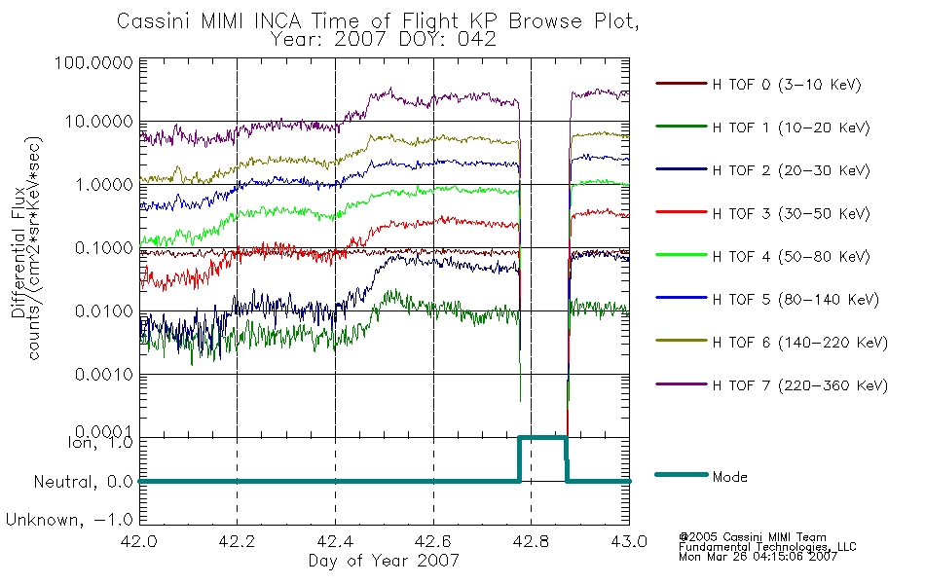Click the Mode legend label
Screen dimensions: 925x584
729,477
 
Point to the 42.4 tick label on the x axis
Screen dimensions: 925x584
336,541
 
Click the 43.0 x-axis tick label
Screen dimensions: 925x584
629,541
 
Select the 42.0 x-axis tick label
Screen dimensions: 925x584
139,541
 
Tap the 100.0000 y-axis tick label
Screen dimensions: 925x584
93,62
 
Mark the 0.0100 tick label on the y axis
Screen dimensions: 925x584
104,310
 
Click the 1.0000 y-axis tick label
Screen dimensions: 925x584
104,185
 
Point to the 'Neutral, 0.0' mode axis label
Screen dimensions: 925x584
83,482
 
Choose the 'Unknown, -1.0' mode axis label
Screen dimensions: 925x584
69,520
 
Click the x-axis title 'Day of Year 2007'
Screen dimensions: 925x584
384,561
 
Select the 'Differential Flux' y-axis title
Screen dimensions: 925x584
18,252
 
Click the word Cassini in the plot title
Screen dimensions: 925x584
155,21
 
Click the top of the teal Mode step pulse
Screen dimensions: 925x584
542,437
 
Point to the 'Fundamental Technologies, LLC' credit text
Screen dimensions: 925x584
767,547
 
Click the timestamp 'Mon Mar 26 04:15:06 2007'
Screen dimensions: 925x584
758,557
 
